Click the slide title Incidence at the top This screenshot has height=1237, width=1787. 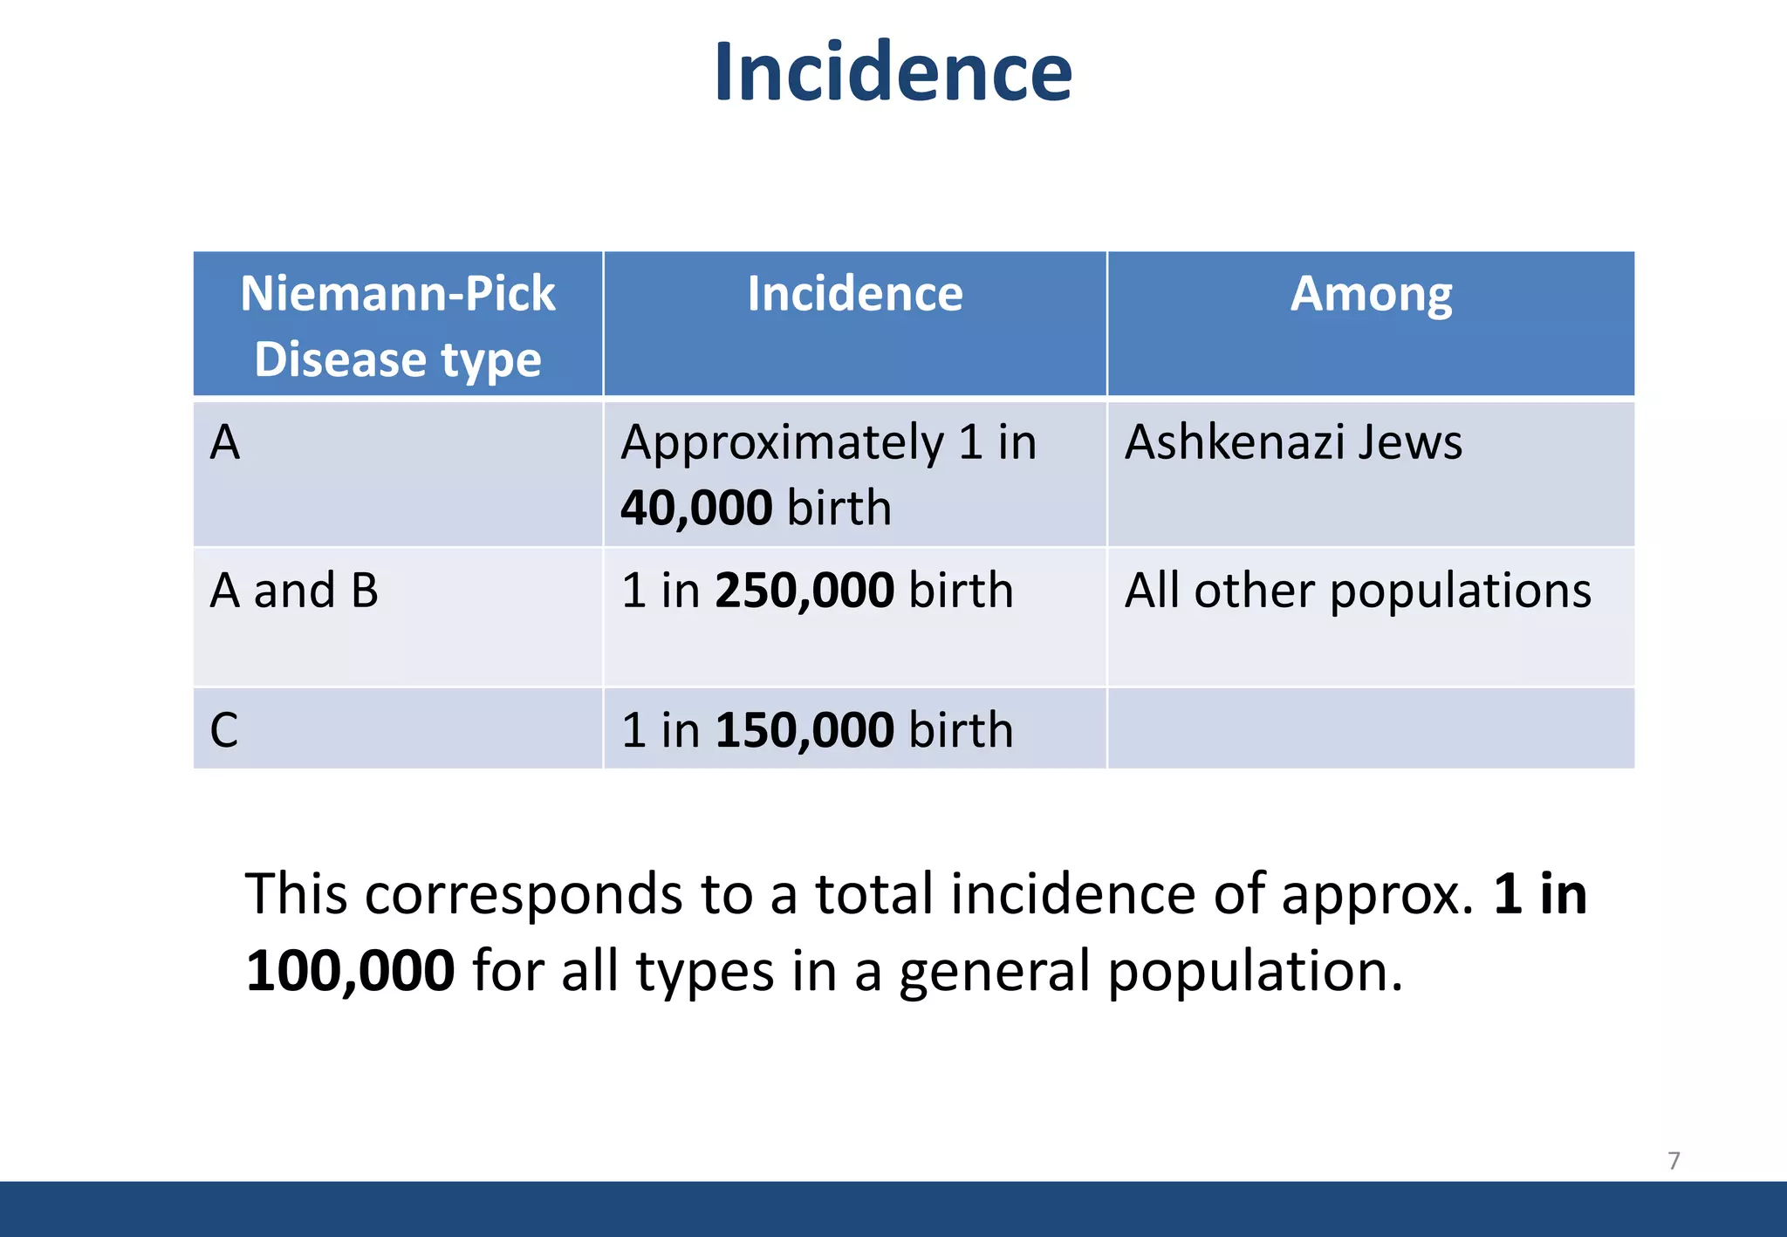(x=893, y=72)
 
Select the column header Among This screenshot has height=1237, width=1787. (x=1371, y=293)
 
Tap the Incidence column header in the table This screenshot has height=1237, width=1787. (x=855, y=293)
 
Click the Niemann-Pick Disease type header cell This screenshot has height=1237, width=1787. (x=398, y=325)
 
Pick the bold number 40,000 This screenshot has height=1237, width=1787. (x=696, y=508)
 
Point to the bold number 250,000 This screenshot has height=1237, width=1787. (x=804, y=591)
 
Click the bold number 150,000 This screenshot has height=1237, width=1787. (x=804, y=730)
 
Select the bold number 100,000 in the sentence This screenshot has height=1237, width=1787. (x=350, y=971)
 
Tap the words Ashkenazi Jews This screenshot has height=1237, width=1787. (x=1293, y=441)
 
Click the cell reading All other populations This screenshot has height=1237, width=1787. (x=1358, y=591)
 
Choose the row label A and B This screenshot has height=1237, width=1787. (x=294, y=591)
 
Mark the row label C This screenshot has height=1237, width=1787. (x=224, y=730)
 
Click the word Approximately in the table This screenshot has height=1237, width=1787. (x=783, y=441)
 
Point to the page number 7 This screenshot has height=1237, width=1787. (x=1674, y=1160)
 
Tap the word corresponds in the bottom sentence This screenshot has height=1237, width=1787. (x=524, y=894)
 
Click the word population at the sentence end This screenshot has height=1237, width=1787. (x=1246, y=971)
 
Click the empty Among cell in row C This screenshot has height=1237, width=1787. (x=1370, y=728)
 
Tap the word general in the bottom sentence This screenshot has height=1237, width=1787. (x=994, y=971)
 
